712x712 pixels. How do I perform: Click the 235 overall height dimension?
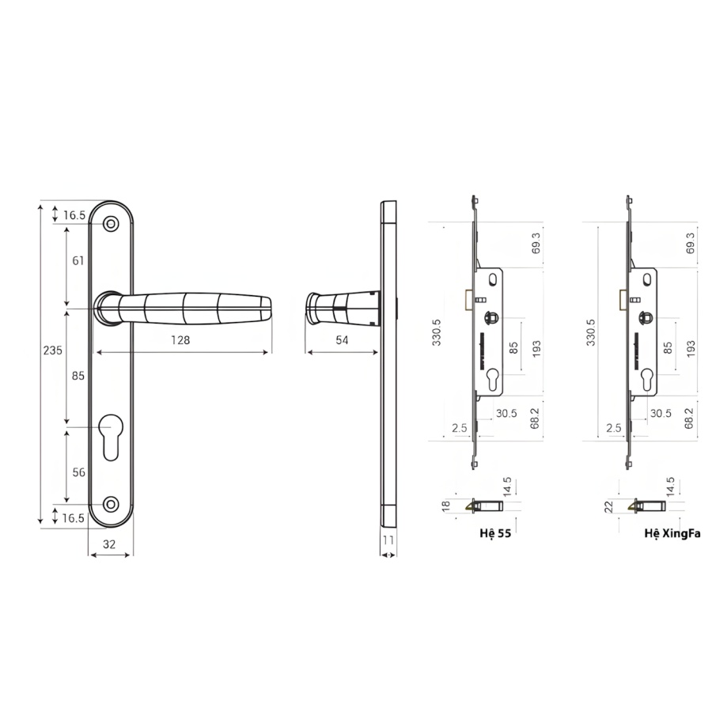(53, 350)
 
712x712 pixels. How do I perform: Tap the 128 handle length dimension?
(180, 340)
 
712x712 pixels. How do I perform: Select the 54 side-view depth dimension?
(342, 339)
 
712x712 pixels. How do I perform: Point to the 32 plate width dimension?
(109, 544)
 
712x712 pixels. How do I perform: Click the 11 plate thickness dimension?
(388, 540)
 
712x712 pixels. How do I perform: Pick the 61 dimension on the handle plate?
(78, 260)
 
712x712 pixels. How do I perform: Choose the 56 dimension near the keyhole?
(78, 472)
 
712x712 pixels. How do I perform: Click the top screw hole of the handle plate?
(111, 224)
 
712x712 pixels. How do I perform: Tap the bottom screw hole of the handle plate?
(111, 504)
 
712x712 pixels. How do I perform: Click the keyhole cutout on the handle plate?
(111, 437)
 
